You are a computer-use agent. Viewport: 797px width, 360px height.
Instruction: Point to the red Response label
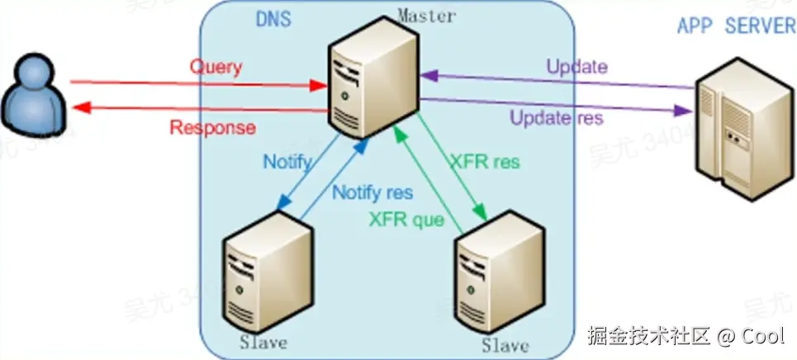[212, 128]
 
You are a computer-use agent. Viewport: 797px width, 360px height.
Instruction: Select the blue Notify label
[287, 162]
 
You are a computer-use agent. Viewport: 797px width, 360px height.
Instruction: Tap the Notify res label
[372, 192]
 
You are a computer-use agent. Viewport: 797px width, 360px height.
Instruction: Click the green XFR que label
[406, 220]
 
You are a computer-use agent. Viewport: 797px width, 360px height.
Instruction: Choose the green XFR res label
[485, 162]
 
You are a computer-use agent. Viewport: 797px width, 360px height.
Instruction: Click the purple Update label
[577, 67]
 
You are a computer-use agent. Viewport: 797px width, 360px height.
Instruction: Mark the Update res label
[557, 117]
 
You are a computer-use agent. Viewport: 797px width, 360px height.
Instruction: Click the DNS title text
[273, 19]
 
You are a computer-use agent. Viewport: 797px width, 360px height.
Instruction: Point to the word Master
[426, 16]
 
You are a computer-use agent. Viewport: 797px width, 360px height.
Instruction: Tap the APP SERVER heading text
[736, 26]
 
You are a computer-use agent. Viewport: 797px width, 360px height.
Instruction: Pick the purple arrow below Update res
[553, 103]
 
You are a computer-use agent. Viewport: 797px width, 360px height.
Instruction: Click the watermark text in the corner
[686, 336]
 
